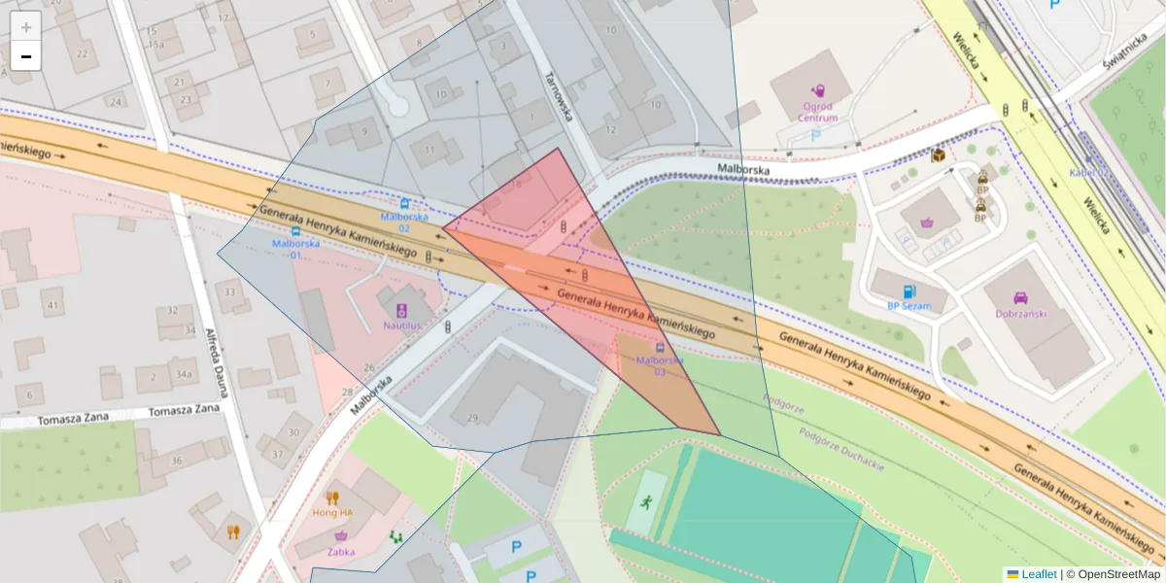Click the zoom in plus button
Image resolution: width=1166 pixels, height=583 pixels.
(26, 26)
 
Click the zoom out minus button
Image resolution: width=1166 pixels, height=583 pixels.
(26, 55)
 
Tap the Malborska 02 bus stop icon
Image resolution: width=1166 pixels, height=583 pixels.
(403, 204)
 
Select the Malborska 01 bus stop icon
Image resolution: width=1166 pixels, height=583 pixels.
(295, 232)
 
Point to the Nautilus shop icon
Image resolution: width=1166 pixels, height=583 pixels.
(401, 311)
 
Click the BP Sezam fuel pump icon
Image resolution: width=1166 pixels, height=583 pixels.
(909, 291)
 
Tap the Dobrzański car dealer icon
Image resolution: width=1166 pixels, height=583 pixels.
(1019, 298)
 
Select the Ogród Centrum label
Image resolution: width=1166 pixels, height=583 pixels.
(818, 112)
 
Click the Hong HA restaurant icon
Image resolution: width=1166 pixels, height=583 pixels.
(332, 497)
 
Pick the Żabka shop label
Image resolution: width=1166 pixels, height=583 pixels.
(341, 552)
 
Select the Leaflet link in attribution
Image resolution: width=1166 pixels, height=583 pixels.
(1038, 574)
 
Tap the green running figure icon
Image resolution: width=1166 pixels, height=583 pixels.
(645, 502)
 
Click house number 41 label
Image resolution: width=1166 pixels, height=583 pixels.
(51, 306)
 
